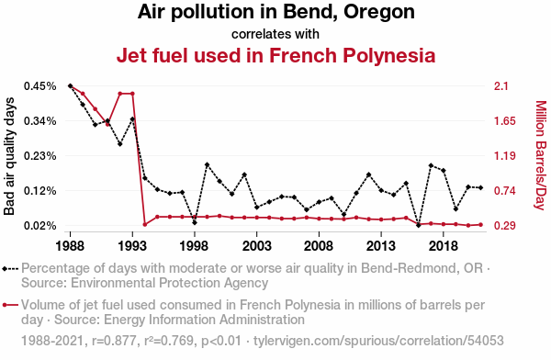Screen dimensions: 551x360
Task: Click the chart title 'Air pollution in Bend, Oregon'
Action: click(x=275, y=12)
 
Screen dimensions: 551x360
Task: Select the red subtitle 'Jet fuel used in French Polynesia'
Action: click(x=275, y=56)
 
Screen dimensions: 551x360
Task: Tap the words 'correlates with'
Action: click(x=275, y=34)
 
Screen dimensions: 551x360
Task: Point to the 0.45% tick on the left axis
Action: click(x=40, y=86)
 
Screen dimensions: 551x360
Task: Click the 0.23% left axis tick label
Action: click(x=40, y=156)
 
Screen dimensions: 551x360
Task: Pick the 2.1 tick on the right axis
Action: click(x=500, y=86)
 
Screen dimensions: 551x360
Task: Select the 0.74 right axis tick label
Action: click(x=504, y=191)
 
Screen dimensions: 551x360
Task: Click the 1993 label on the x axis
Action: click(x=132, y=246)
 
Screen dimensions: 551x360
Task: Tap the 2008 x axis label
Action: click(x=319, y=246)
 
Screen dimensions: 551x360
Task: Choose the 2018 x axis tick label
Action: click(x=444, y=246)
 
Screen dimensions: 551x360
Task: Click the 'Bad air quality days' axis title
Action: click(x=9, y=156)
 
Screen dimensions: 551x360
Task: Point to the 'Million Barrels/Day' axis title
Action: click(x=541, y=155)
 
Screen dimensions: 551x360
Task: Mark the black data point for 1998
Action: click(x=195, y=222)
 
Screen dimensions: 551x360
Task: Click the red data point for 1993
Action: click(x=132, y=94)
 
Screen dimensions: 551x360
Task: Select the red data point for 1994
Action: click(x=145, y=224)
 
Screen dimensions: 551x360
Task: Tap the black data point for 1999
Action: click(x=207, y=164)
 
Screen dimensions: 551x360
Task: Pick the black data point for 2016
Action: click(x=418, y=225)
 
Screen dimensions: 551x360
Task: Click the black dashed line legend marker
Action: click(x=10, y=269)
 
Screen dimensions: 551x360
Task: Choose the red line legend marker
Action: click(x=10, y=305)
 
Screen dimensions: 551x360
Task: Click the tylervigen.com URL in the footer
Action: click(x=378, y=341)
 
